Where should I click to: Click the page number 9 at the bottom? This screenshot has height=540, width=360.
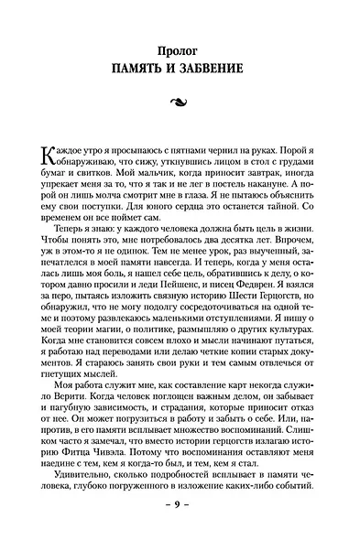coord(180,528)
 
